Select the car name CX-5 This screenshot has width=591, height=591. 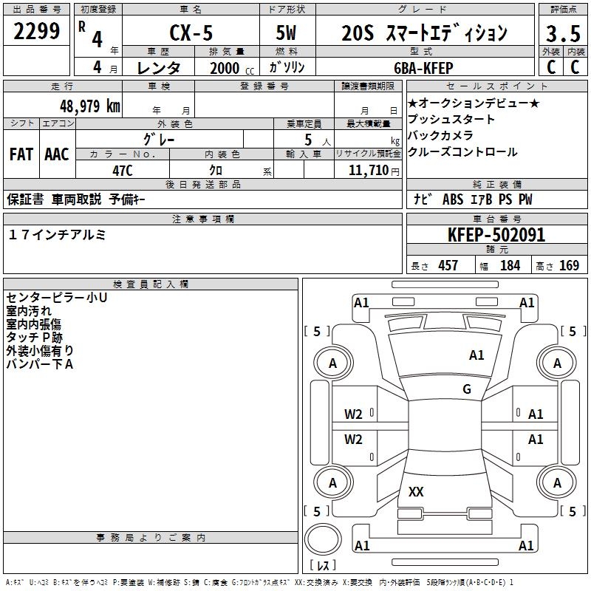[191, 33]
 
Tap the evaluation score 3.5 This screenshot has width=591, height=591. [562, 34]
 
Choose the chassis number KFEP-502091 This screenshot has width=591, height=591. [496, 236]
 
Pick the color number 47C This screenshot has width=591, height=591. [122, 171]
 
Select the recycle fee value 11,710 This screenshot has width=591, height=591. [364, 171]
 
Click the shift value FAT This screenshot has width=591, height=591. [21, 154]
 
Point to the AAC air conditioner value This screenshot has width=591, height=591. [57, 154]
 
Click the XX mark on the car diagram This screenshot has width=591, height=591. [416, 491]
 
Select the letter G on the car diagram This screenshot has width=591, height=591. [467, 389]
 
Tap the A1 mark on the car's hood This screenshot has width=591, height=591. [476, 355]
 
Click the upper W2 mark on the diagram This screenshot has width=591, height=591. [354, 414]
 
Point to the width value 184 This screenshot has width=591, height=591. [510, 265]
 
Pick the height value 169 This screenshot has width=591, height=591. [569, 265]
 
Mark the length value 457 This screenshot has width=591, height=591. [448, 265]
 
